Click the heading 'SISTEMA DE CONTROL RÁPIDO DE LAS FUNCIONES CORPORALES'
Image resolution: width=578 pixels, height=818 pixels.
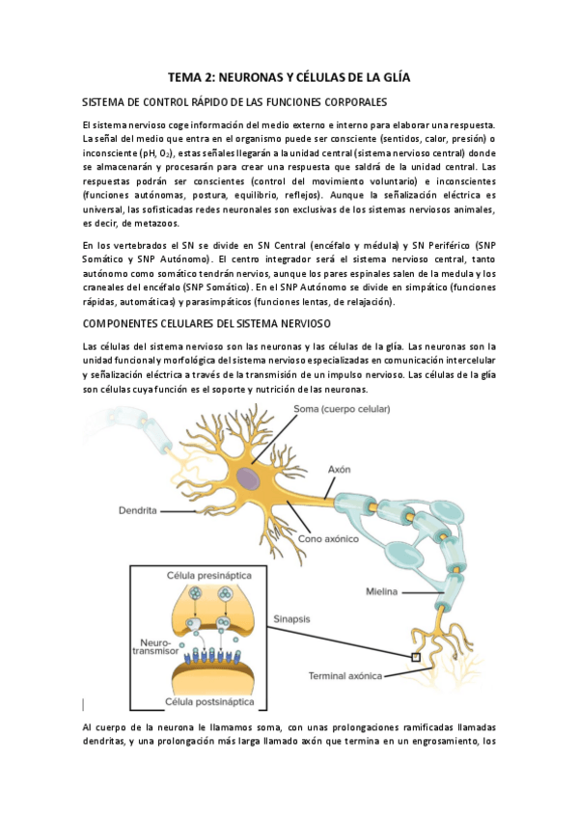click(234, 102)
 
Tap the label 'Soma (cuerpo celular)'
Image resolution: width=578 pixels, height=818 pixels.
click(342, 410)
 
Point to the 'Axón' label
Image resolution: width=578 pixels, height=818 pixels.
click(339, 469)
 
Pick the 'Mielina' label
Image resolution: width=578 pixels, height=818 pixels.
click(384, 591)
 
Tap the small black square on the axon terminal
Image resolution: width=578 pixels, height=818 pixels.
click(417, 658)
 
